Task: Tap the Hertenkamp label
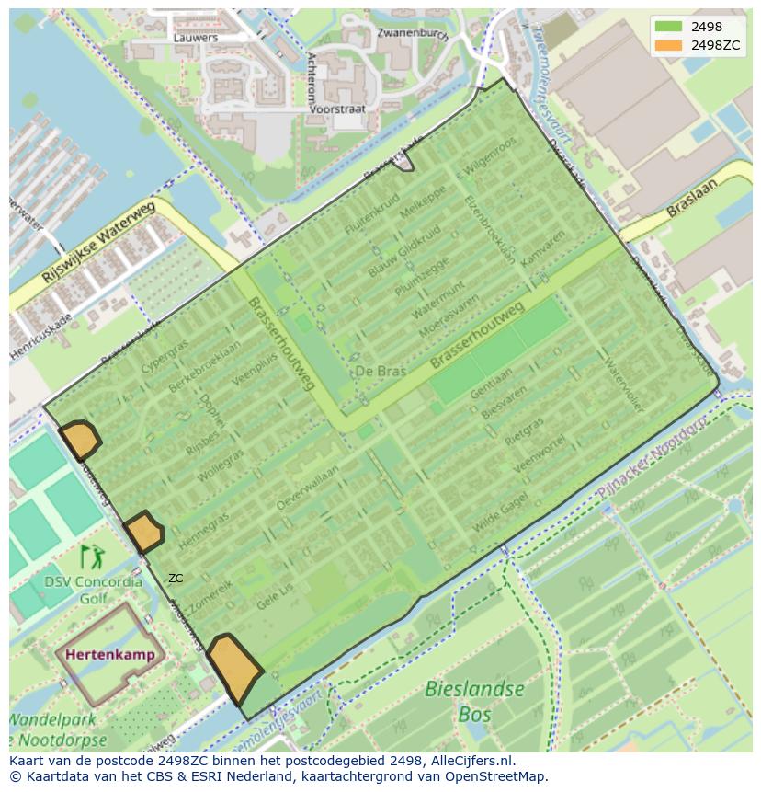click(110, 655)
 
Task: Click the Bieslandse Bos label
click(475, 701)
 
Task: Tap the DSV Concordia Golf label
click(93, 590)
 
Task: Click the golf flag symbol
click(92, 557)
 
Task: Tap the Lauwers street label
click(196, 38)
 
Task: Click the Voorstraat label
click(337, 109)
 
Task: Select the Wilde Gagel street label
click(500, 511)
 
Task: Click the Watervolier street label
click(624, 384)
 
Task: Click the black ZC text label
click(176, 579)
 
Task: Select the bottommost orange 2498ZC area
click(233, 668)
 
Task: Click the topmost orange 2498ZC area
click(79, 440)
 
